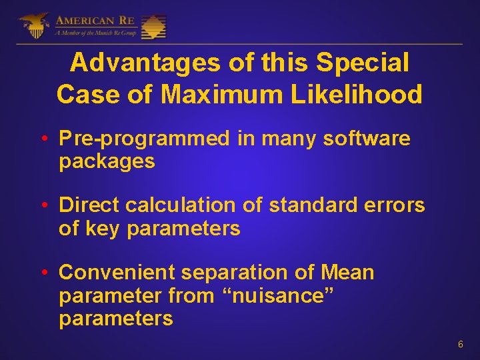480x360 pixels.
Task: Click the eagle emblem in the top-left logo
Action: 33,25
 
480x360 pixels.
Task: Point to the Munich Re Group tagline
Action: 96,32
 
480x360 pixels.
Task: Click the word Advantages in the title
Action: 144,63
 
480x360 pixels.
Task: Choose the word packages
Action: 107,161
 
